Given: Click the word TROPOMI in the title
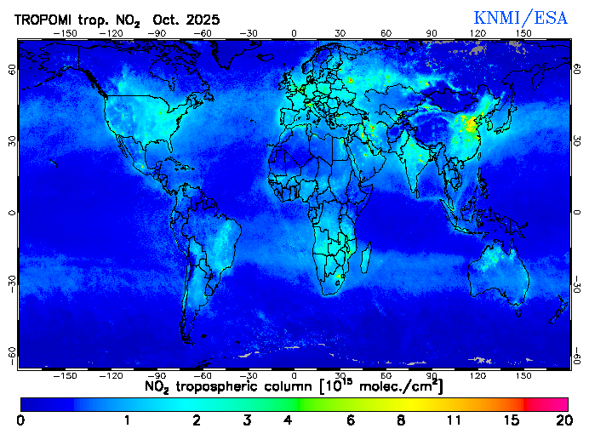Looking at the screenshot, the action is coord(47,19).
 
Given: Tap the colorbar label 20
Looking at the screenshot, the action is coord(562,420).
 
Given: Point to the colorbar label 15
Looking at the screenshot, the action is coord(511,420).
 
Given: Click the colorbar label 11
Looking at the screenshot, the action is coord(454,420).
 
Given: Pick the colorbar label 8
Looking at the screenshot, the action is coord(400,420).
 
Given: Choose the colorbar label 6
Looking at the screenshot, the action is coord(351,420).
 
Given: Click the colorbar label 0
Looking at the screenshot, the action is coord(20,420).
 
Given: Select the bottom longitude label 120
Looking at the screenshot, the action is coord(477,374).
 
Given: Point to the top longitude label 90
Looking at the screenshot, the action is coord(432,33).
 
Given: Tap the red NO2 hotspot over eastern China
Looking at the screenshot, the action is coord(469,124).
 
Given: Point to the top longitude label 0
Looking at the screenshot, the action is coord(294,33).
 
